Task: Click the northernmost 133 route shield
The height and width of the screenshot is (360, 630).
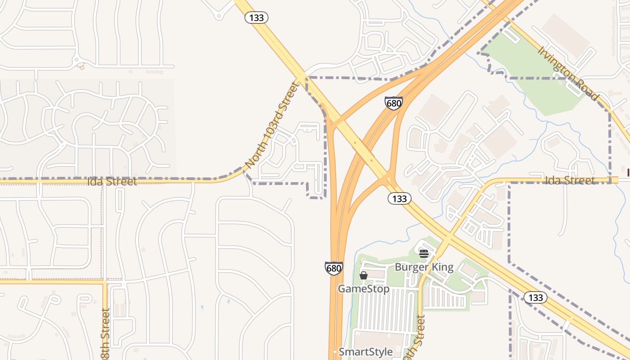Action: coord(256,18)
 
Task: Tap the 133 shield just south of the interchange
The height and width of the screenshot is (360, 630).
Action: coord(399,198)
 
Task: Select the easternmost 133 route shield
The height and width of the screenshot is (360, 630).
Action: coord(535,297)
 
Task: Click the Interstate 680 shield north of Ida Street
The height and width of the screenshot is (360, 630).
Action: coord(393,103)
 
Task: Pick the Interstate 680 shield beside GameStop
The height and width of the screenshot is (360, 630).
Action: coord(333,269)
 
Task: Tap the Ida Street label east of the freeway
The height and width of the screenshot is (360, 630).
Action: coord(570,180)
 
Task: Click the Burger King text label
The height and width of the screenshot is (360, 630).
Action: coord(424,267)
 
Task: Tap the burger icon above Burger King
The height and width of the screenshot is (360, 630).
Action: coord(423,254)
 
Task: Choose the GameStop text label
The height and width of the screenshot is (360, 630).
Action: coord(364,288)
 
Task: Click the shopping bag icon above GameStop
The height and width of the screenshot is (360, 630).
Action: coord(364,275)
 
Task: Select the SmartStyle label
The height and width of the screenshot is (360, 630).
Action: coord(365,352)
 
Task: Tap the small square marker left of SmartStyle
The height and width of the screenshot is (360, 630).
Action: coord(334,352)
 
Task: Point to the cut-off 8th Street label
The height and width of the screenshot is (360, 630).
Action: coord(105,333)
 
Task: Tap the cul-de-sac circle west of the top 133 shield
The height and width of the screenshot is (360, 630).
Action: coord(219,17)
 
